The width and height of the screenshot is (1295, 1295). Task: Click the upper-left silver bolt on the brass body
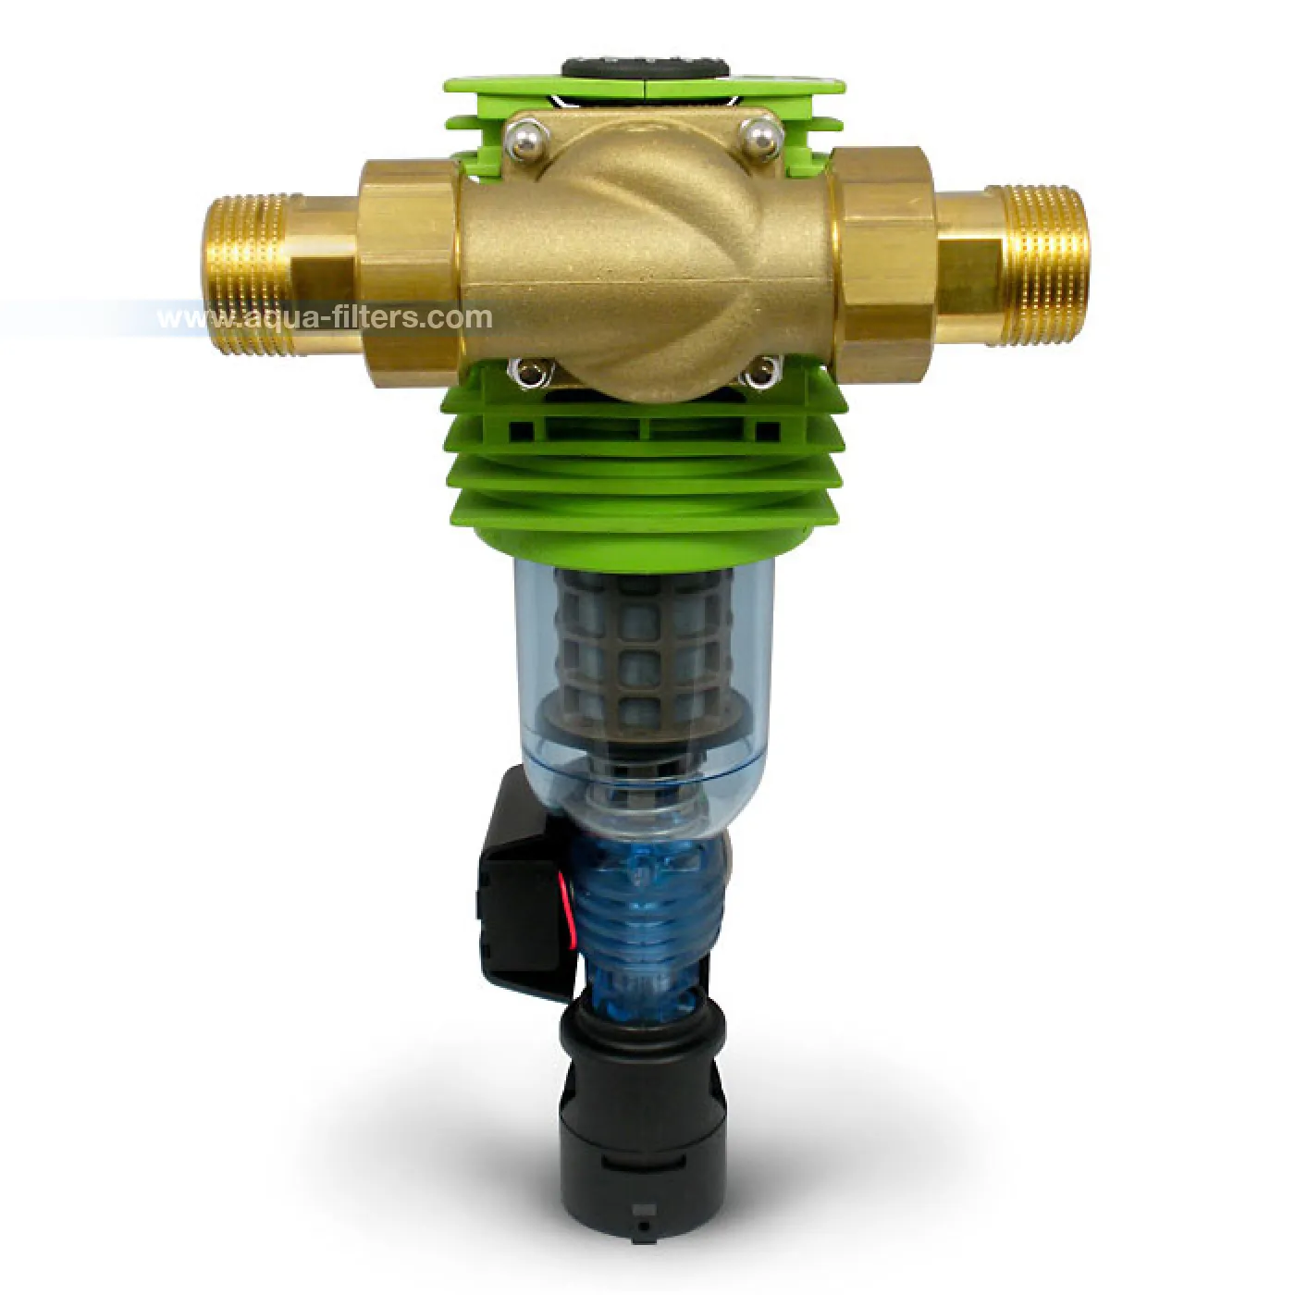point(527,139)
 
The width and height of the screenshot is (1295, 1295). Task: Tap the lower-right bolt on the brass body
point(760,371)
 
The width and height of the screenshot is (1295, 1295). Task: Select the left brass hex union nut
point(409,272)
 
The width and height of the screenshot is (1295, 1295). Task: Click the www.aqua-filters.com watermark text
point(325,317)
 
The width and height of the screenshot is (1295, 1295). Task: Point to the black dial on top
point(645,68)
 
